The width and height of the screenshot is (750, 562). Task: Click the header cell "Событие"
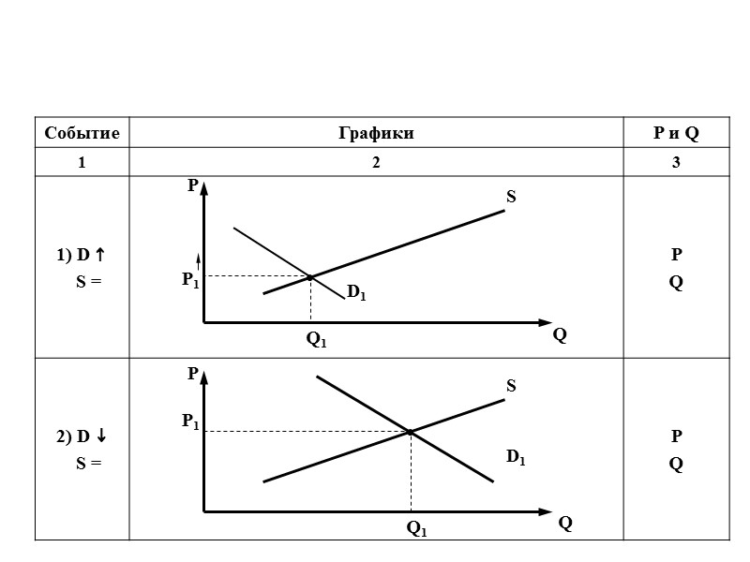[x=82, y=134]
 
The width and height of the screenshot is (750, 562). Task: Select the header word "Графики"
[x=376, y=134]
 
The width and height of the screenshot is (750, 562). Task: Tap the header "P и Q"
[x=676, y=134]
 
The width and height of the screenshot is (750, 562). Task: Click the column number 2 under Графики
[x=376, y=163]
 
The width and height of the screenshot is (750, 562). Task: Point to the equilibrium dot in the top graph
[x=310, y=276]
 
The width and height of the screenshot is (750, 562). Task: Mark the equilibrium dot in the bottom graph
[x=411, y=432]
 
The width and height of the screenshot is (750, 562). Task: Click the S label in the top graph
[x=511, y=198]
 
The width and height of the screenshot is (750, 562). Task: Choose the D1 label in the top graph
[x=356, y=293]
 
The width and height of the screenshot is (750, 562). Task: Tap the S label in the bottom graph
[x=511, y=385]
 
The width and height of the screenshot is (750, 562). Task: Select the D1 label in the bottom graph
[x=516, y=457]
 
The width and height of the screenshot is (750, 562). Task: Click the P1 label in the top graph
[x=190, y=279]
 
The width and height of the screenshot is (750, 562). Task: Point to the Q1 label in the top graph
[x=317, y=341]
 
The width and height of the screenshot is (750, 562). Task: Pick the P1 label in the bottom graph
[x=190, y=423]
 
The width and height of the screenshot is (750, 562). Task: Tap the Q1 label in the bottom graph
[x=416, y=529]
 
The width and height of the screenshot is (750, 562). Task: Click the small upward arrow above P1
[x=198, y=259]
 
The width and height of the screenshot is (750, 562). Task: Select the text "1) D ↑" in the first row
[x=81, y=255]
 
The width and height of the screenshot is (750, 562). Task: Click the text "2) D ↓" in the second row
[x=81, y=436]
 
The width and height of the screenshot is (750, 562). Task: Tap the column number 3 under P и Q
[x=676, y=163]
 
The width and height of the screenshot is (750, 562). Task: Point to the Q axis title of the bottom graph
[x=565, y=524]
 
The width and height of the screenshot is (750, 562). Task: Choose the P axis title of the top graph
[x=192, y=185]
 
